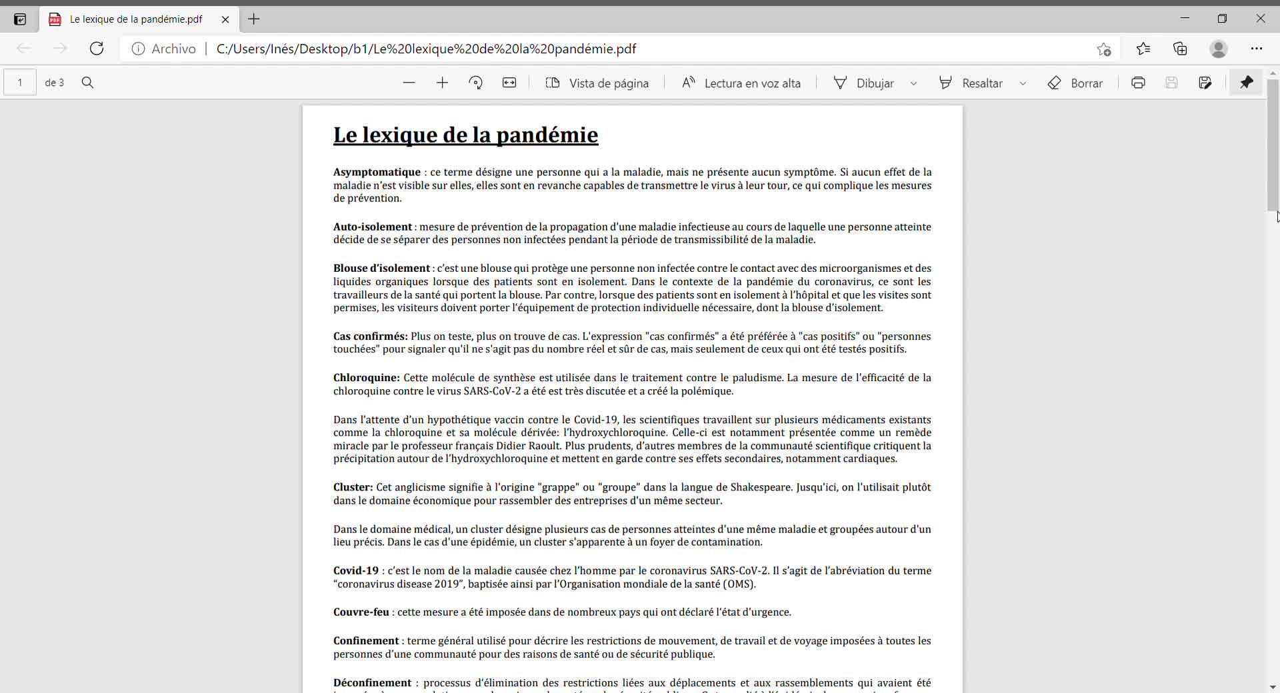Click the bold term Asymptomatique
[x=377, y=173]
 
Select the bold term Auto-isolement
[x=372, y=227]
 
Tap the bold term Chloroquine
[x=366, y=378]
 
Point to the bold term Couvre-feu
[x=361, y=612]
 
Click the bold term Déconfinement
[x=372, y=683]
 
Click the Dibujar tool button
[x=865, y=83]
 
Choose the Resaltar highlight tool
[x=971, y=83]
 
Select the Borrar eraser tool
[x=1075, y=83]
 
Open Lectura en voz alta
[x=741, y=83]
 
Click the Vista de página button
[x=597, y=83]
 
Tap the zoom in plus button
[x=442, y=83]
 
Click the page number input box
[x=20, y=83]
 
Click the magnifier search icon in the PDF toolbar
[x=87, y=83]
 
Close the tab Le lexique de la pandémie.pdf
[x=225, y=19]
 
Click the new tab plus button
[x=254, y=19]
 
